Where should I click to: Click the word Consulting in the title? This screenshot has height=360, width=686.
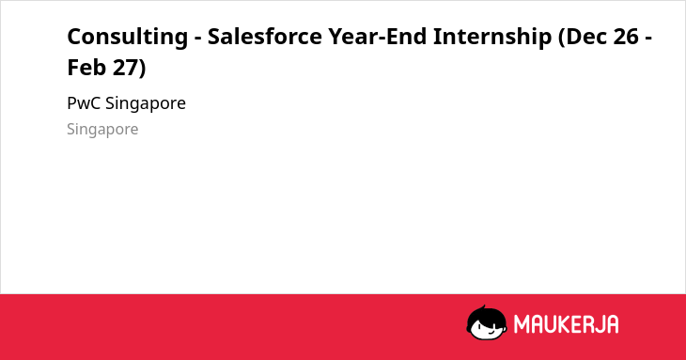click(x=127, y=37)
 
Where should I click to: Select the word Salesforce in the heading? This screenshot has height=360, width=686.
click(x=264, y=36)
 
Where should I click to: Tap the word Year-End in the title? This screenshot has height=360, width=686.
click(x=378, y=36)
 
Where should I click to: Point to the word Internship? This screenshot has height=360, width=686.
click(x=492, y=37)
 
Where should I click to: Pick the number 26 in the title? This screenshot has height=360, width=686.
click(x=626, y=37)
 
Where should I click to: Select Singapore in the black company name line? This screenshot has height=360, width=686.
click(x=146, y=104)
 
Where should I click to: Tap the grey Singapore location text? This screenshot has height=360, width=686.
click(x=102, y=130)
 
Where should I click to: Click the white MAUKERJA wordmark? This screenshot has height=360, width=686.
click(x=566, y=324)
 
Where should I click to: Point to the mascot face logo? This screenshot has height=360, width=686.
click(x=487, y=323)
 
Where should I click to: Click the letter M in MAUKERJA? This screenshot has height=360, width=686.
click(x=522, y=324)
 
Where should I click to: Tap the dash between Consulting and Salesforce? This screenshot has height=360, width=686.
click(x=197, y=39)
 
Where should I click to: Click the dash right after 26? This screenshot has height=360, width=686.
click(x=648, y=39)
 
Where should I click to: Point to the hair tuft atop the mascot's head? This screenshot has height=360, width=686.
click(x=483, y=307)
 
